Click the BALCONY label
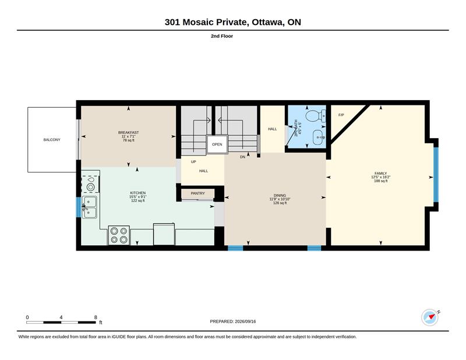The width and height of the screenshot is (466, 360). pyautogui.click(x=52, y=140)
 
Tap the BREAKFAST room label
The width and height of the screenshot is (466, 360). pyautogui.click(x=128, y=133)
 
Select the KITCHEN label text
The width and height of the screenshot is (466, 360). pyautogui.click(x=138, y=193)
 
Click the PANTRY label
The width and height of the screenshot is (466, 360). pyautogui.click(x=197, y=193)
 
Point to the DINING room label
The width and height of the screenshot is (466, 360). pyautogui.click(x=280, y=196)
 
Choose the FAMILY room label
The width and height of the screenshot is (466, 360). pyautogui.click(x=381, y=174)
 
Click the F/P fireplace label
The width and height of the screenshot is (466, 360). pyautogui.click(x=341, y=115)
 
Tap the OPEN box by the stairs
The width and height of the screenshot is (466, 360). pyautogui.click(x=217, y=144)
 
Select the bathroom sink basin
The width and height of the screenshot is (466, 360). pyautogui.click(x=319, y=137)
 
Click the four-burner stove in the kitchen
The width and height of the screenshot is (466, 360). pyautogui.click(x=119, y=235)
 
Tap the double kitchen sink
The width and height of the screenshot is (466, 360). pyautogui.click(x=90, y=207)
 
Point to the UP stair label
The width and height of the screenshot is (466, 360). pyautogui.click(x=193, y=162)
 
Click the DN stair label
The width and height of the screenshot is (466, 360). pyautogui.click(x=242, y=157)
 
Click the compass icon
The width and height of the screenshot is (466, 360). pyautogui.click(x=430, y=317)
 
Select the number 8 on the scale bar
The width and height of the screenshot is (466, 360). pyautogui.click(x=96, y=317)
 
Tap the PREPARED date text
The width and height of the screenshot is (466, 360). pyautogui.click(x=232, y=322)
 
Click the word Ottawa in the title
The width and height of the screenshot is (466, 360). pyautogui.click(x=267, y=22)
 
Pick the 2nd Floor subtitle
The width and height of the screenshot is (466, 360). pyautogui.click(x=222, y=36)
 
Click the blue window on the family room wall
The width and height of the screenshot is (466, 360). pyautogui.click(x=436, y=175)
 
